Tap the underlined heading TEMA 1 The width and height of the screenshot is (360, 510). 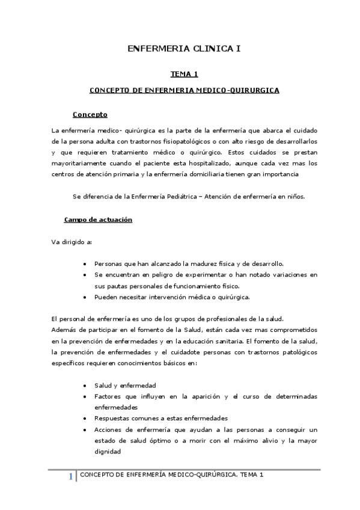[184, 74]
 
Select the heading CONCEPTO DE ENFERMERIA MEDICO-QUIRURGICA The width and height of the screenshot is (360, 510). [184, 90]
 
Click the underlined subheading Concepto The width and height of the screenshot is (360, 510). [90, 114]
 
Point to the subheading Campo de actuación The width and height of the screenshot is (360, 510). [98, 220]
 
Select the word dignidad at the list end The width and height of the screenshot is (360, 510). [108, 452]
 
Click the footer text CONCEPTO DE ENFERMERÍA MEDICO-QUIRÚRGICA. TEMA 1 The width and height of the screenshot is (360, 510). [172, 475]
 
